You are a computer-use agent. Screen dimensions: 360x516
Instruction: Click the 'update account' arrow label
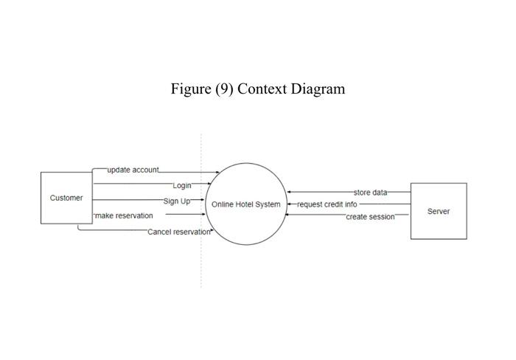coord(133,170)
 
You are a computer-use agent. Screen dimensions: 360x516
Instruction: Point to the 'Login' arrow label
coord(182,185)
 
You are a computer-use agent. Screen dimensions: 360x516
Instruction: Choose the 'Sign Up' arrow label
coord(177,201)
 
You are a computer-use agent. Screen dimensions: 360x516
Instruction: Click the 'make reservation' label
coord(124,215)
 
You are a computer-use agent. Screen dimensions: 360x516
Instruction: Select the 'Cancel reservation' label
coord(179,232)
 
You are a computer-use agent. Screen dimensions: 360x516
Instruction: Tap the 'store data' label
coord(370,193)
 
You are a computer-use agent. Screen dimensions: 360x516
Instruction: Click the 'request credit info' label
coord(327,204)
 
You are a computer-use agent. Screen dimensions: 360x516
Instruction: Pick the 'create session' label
coord(370,217)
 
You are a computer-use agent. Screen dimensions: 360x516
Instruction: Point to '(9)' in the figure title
coord(224,89)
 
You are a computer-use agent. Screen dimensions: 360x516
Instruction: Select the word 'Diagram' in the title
coord(318,89)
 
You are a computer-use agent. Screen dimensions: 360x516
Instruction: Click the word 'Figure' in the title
coord(191,89)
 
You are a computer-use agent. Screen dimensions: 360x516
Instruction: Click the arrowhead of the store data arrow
coord(289,193)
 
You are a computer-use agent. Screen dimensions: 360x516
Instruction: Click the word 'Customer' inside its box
coord(66,198)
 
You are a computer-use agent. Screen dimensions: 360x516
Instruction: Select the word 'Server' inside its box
coord(439,211)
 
